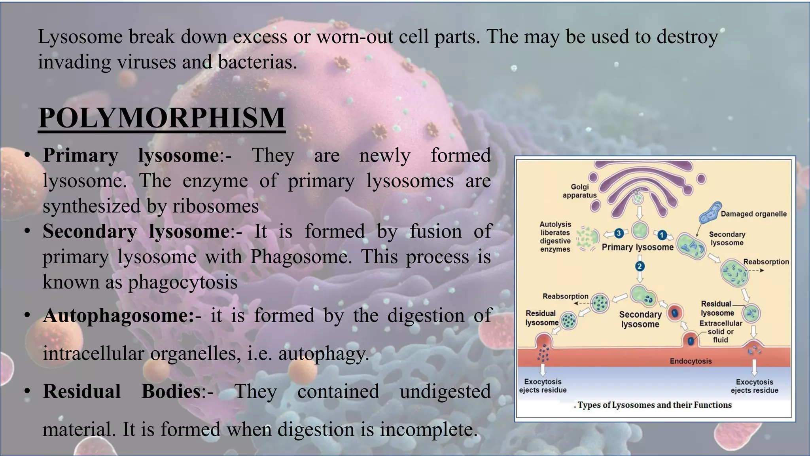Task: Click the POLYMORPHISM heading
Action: point(162,118)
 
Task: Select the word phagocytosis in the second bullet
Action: point(183,282)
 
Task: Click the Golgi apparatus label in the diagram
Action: point(579,191)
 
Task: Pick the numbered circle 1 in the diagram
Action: point(662,235)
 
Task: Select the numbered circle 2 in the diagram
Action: point(640,266)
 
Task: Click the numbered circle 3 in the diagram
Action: point(619,234)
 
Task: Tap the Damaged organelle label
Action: point(753,214)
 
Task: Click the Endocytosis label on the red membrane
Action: point(691,361)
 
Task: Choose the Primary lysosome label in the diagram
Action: point(637,247)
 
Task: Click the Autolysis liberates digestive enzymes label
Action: point(555,237)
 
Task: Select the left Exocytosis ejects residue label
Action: point(543,386)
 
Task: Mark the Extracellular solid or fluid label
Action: point(721,332)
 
